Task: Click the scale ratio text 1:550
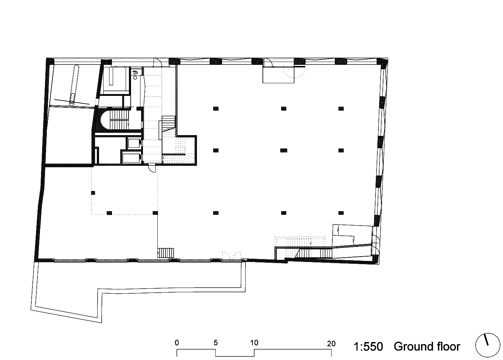(368, 347)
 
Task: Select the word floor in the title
(446, 347)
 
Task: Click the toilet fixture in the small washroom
(135, 72)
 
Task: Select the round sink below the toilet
(135, 78)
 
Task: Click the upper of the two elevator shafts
(134, 143)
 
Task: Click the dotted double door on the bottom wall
(232, 256)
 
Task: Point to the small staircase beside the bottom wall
(166, 253)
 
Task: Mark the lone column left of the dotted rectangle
(93, 193)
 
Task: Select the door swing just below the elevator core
(152, 169)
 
